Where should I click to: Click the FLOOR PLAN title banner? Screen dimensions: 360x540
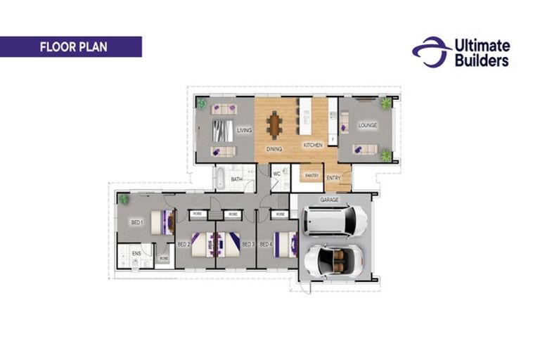pyautogui.click(x=70, y=47)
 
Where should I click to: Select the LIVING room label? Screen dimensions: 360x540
pyautogui.click(x=244, y=130)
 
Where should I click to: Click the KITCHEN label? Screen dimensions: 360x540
pyautogui.click(x=313, y=145)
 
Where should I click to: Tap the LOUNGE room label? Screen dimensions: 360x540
pyautogui.click(x=368, y=126)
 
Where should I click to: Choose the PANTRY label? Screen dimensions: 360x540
pyautogui.click(x=311, y=175)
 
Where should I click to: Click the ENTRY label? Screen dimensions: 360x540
pyautogui.click(x=334, y=178)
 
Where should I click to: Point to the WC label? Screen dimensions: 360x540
pyautogui.click(x=276, y=173)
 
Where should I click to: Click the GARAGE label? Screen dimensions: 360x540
pyautogui.click(x=330, y=200)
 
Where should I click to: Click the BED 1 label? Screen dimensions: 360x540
pyautogui.click(x=136, y=222)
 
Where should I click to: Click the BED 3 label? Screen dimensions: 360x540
pyautogui.click(x=247, y=244)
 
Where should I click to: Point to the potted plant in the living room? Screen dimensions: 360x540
pyautogui.click(x=202, y=103)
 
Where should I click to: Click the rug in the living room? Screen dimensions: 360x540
pyautogui.click(x=221, y=130)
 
